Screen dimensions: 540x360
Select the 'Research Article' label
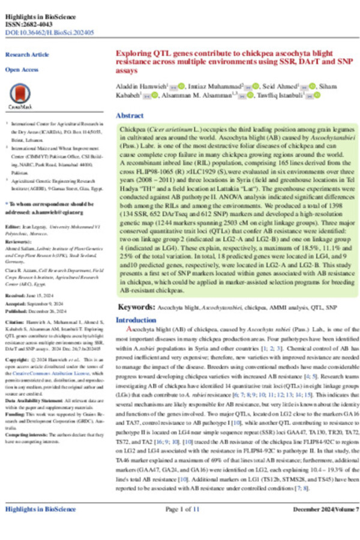[x=26, y=55]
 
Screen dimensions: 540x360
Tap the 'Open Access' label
[x=21, y=70]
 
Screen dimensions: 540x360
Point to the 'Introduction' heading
[x=135, y=320]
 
